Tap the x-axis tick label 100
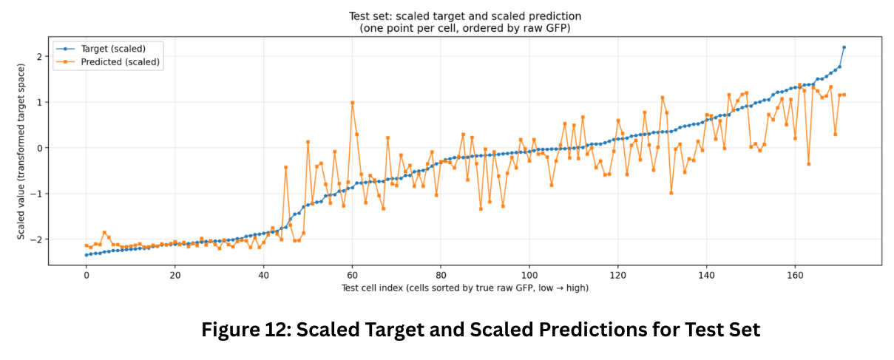coord(529,276)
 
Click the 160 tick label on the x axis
coord(795,276)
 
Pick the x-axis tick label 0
coord(87,276)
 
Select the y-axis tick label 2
coord(39,57)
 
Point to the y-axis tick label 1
coord(39,103)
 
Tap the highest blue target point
coord(844,47)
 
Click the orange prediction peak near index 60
coord(352,103)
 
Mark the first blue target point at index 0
coord(87,255)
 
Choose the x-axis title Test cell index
coord(372,288)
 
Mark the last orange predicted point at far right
coord(844,95)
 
